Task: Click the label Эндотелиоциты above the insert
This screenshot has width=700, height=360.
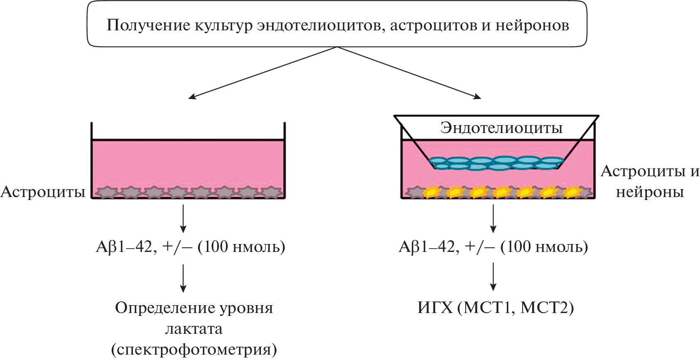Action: click(x=501, y=128)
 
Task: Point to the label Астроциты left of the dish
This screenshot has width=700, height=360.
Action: click(x=43, y=192)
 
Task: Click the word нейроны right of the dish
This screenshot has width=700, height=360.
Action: click(x=650, y=192)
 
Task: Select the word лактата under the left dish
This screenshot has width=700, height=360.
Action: click(x=194, y=329)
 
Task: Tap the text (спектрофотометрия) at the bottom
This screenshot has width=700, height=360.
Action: click(x=194, y=350)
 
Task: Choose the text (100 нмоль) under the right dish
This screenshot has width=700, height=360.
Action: click(x=544, y=247)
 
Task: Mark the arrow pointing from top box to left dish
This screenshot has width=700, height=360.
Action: click(x=262, y=73)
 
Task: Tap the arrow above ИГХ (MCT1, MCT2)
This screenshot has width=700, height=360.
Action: click(x=493, y=276)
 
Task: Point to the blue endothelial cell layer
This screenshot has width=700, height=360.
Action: click(x=496, y=163)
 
